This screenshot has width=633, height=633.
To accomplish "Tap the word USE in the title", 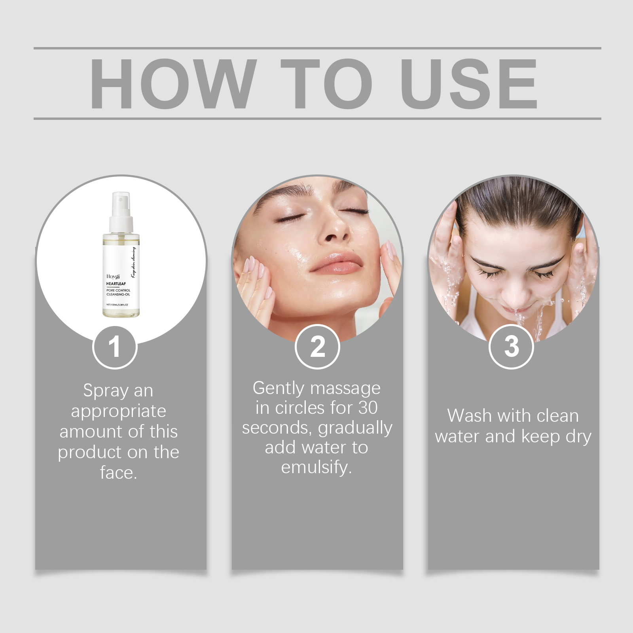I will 468,84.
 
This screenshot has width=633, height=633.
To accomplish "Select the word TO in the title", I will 327,84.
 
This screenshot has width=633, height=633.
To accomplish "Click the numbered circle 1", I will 115,347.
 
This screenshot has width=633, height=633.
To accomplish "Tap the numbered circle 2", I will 317,347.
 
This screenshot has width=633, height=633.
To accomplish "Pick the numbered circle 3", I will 512,347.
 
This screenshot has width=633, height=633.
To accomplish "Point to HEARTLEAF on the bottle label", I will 116,284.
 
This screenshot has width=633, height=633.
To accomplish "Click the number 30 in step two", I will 368,408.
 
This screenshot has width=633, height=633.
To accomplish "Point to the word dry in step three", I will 578,437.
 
